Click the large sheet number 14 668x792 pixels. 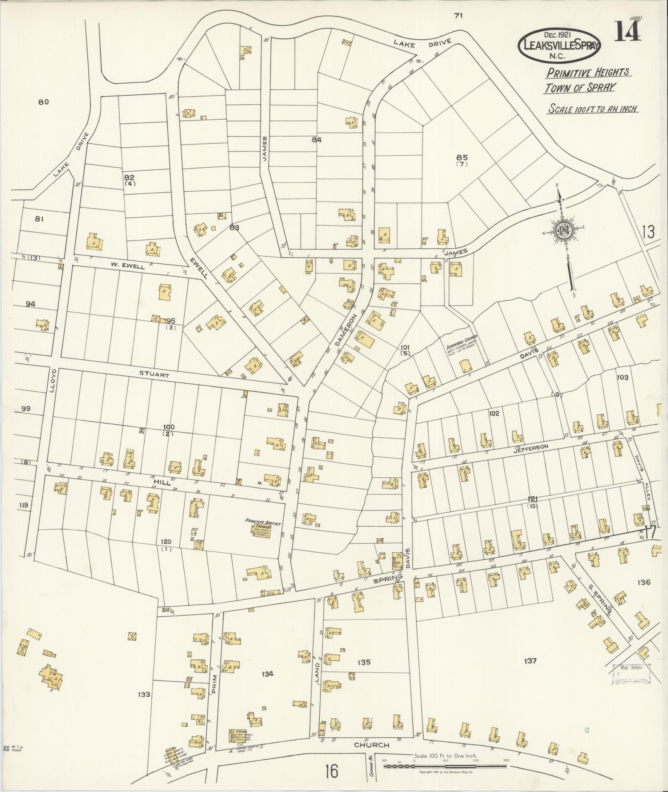coord(627,31)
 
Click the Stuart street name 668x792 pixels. coord(154,376)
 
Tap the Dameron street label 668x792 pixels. coord(343,329)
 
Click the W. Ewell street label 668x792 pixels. coord(127,267)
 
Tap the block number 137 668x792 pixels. coord(530,661)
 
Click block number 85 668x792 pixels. coord(462,157)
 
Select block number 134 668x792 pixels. coord(268,674)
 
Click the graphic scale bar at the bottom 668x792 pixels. coord(445,766)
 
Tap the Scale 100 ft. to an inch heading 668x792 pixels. coord(592,109)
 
